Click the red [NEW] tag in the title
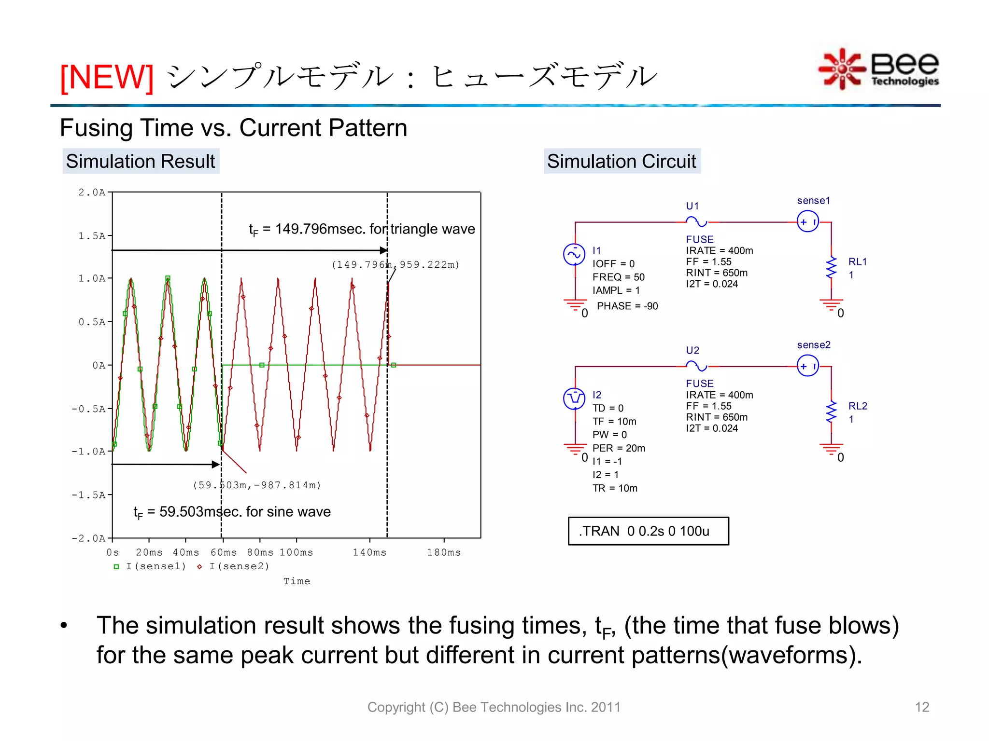107,77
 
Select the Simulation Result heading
141,161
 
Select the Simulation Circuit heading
622,161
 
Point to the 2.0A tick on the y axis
92,192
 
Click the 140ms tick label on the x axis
369,552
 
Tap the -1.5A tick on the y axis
89,495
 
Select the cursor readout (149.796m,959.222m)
396,265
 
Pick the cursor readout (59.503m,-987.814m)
257,485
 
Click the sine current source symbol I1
574,255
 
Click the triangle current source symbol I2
574,398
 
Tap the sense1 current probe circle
807,222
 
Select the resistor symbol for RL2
831,412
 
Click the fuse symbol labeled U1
696,222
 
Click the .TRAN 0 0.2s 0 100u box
648,531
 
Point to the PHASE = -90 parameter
627,306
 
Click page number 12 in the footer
922,707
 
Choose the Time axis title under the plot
297,581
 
